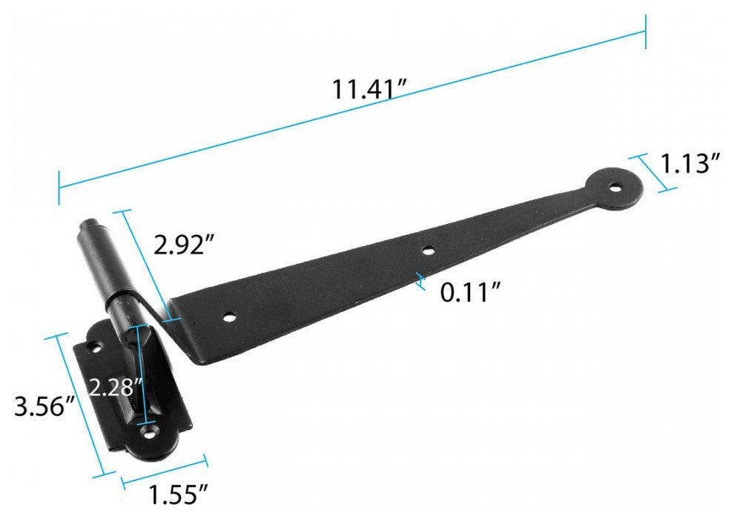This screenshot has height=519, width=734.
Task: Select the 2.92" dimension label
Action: (185, 244)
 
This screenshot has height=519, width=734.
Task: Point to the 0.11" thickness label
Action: (471, 293)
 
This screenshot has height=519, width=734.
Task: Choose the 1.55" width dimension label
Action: (178, 495)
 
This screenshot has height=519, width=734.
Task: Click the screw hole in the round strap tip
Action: (615, 188)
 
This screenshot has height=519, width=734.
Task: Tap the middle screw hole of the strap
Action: (427, 251)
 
